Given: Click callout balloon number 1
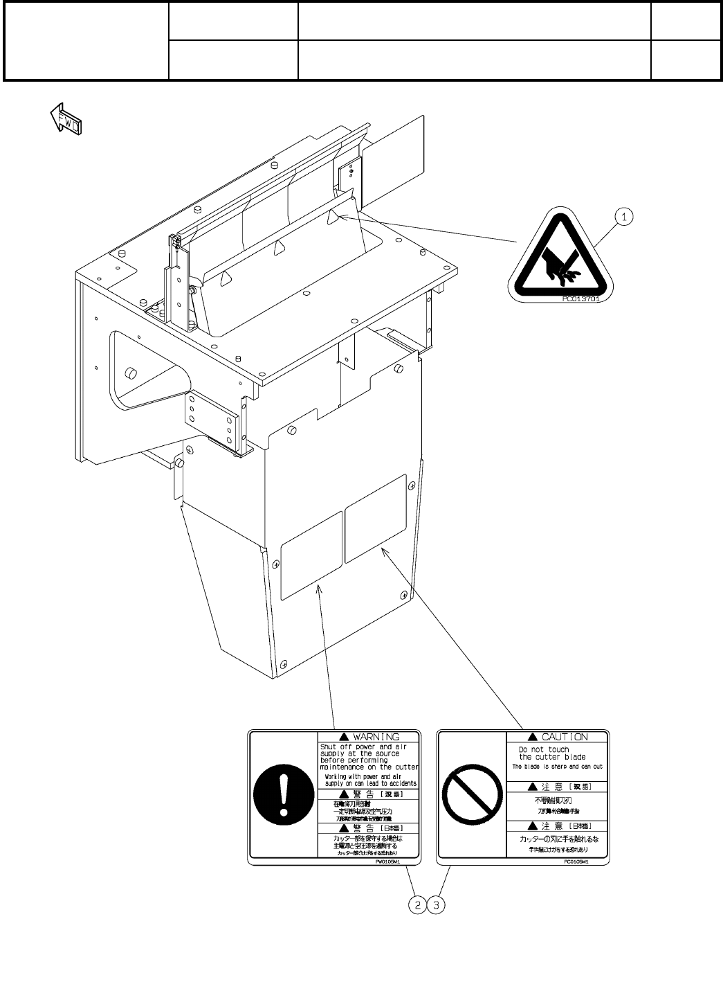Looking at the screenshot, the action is tap(624, 217).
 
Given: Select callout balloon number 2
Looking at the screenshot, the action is tap(417, 904).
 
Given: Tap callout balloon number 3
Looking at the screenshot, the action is tap(437, 904).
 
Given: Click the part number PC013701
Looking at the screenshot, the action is tap(580, 300).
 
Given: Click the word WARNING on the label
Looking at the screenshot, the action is tap(376, 737).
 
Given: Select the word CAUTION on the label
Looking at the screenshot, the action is tap(565, 737).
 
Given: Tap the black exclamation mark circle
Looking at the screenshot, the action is tap(282, 796).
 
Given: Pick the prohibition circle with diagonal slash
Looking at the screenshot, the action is tap(470, 796).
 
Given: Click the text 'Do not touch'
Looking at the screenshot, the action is tap(544, 749).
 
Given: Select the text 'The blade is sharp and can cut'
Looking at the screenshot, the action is tap(557, 767).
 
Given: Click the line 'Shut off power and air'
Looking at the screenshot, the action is tap(363, 747).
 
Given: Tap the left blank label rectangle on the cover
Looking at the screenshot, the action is tap(311, 555).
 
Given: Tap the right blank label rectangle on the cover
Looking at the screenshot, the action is tap(375, 518).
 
